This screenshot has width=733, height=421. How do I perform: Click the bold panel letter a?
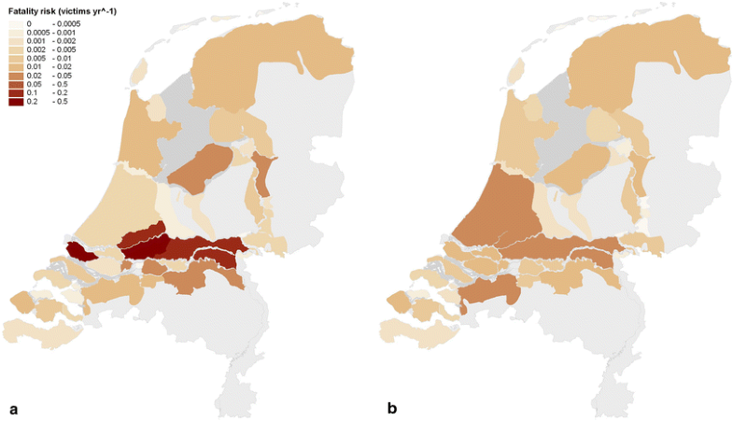tap(13, 408)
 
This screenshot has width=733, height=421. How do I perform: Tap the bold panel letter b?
tap(391, 408)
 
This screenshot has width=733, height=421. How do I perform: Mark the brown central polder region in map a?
tap(200, 169)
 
